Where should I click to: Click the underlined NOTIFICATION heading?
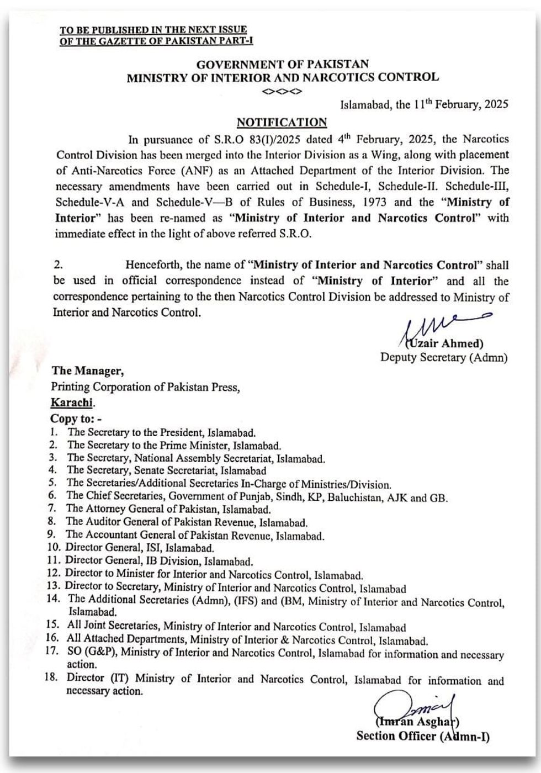coord(282,122)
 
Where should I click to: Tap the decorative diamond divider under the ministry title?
coord(282,91)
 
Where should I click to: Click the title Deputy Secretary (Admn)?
coord(443,357)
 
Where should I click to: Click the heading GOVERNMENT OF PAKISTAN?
coord(283,65)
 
